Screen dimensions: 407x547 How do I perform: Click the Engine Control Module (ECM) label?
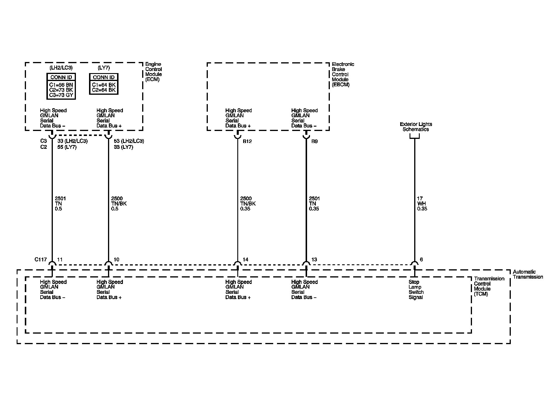point(154,72)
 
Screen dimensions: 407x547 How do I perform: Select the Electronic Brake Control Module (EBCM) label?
point(343,74)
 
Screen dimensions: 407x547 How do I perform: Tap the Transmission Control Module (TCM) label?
point(489,286)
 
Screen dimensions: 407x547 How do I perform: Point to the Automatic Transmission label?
point(528,274)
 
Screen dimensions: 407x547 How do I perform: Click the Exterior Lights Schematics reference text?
point(416,127)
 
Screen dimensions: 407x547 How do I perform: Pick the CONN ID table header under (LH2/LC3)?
point(61,77)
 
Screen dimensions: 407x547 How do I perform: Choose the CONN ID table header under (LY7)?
point(104,77)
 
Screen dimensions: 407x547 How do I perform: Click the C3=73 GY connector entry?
point(61,95)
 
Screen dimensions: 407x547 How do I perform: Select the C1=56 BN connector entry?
point(61,85)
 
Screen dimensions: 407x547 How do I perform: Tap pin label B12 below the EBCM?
point(247,141)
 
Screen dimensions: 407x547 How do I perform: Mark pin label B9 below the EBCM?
point(314,141)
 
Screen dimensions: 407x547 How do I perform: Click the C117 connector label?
point(41,259)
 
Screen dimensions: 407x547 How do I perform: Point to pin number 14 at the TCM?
point(245,259)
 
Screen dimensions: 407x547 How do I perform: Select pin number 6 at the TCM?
point(421,259)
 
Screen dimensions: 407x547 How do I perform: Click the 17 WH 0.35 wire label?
point(422,203)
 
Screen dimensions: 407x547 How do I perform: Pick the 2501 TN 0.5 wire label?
point(60,203)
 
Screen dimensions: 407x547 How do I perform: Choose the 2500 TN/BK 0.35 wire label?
point(248,203)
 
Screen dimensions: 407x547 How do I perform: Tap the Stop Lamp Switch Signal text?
point(416,289)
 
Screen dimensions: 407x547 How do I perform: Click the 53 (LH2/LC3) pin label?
point(129,141)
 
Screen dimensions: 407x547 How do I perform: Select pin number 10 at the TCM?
point(116,259)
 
